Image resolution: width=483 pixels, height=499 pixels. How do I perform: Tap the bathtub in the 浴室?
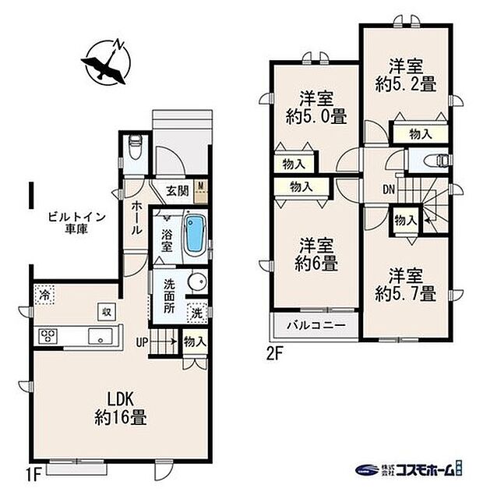pyautogui.click(x=193, y=233)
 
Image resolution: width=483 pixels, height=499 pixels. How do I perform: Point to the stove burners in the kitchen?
pyautogui.click(x=48, y=336)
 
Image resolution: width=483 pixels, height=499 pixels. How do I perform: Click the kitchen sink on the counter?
pyautogui.click(x=100, y=336)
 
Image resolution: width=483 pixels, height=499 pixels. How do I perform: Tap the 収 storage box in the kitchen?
pyautogui.click(x=103, y=311)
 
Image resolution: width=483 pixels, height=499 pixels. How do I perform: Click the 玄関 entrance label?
pyautogui.click(x=177, y=190)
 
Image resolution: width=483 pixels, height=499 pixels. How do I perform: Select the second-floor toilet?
pyautogui.click(x=439, y=161)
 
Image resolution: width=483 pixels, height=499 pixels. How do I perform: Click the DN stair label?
pyautogui.click(x=388, y=188)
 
